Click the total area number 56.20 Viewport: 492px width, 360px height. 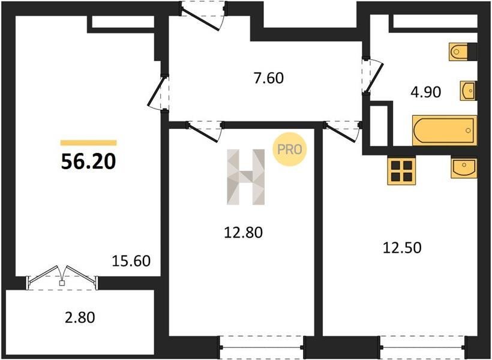(x=88, y=162)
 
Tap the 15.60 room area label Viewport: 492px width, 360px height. (x=131, y=261)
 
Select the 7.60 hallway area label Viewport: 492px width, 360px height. (x=269, y=78)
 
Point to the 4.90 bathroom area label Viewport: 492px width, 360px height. (x=426, y=92)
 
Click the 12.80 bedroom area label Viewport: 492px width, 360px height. (x=243, y=233)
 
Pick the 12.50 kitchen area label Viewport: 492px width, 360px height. (x=402, y=248)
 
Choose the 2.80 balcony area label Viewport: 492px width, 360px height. (x=80, y=317)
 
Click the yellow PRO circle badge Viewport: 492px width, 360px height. (x=289, y=149)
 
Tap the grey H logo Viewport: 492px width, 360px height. (x=245, y=177)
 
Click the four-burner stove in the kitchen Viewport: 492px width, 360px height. (x=401, y=171)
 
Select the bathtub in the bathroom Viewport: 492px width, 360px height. (x=445, y=131)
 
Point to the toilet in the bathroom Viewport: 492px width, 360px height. (x=463, y=52)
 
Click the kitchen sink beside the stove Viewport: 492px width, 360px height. (x=464, y=168)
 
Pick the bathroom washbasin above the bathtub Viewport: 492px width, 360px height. (x=469, y=91)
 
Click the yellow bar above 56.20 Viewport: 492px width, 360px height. (x=88, y=143)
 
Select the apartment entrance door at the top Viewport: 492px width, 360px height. (x=203, y=14)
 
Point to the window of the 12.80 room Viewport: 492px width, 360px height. (x=262, y=347)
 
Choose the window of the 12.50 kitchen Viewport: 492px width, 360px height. (x=422, y=347)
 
